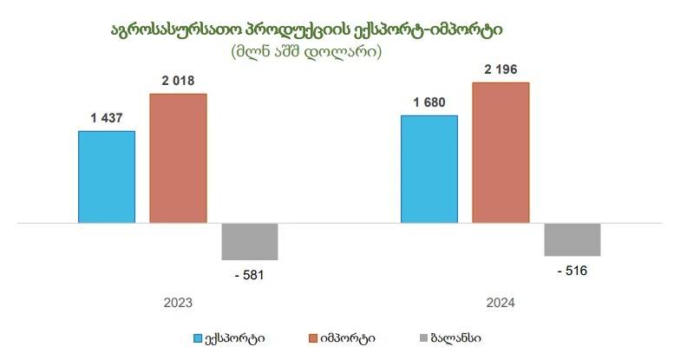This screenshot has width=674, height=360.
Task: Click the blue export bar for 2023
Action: click(107, 177)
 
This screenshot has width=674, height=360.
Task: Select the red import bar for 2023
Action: click(178, 158)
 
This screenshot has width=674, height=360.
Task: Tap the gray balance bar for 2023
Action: click(250, 241)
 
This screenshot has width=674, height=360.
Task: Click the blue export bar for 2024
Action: click(429, 169)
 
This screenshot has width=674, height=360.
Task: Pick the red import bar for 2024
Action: click(501, 153)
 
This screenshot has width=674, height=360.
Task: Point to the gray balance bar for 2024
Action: click(573, 239)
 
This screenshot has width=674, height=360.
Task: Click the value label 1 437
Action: click(107, 118)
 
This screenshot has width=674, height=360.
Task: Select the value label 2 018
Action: click(178, 81)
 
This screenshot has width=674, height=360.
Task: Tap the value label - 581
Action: click(249, 275)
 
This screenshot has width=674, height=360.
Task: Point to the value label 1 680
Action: click(429, 102)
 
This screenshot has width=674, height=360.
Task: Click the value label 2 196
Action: click(501, 69)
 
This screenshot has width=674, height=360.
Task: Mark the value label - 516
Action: click(572, 271)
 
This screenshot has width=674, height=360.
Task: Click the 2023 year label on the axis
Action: click(178, 304)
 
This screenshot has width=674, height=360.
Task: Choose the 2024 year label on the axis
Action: click(501, 304)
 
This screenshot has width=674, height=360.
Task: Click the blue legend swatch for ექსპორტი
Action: click(197, 337)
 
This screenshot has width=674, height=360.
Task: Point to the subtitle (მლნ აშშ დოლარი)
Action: click(307, 52)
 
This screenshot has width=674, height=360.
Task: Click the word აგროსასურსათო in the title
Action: click(170, 29)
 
